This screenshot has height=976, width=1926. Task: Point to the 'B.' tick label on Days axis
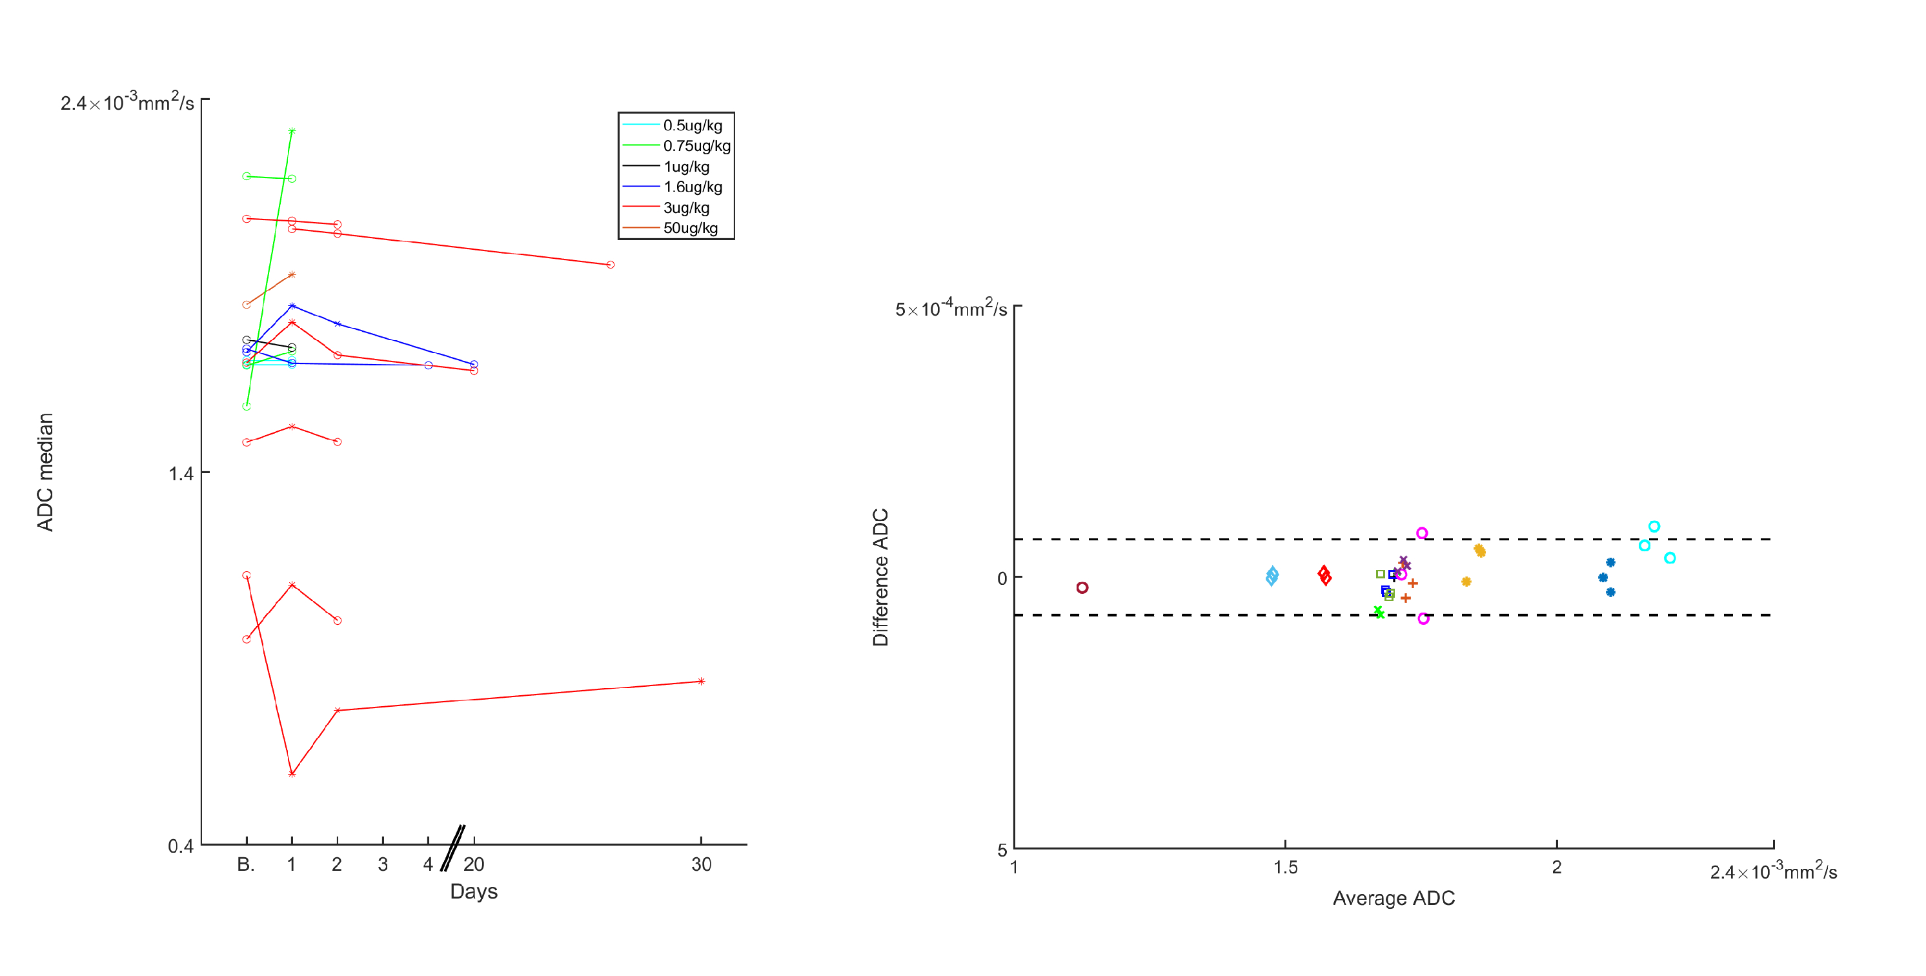(x=246, y=864)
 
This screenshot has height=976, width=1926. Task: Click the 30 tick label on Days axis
(x=700, y=864)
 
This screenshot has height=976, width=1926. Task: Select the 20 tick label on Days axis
(x=473, y=864)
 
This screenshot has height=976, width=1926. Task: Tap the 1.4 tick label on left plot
(x=180, y=473)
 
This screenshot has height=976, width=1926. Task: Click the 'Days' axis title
(x=473, y=891)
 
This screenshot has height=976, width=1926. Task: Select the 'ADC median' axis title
(x=46, y=472)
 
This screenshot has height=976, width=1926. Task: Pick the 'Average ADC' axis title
(x=1393, y=899)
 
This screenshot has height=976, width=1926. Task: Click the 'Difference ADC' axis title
(x=881, y=576)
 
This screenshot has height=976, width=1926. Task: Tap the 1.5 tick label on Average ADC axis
(x=1284, y=868)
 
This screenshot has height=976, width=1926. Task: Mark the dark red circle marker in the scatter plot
(x=1082, y=588)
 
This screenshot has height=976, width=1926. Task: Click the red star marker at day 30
(x=700, y=682)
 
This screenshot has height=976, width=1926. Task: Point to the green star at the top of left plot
(x=292, y=131)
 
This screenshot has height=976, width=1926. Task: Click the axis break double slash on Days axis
(x=452, y=848)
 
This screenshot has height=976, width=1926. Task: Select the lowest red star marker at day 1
(x=292, y=774)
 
